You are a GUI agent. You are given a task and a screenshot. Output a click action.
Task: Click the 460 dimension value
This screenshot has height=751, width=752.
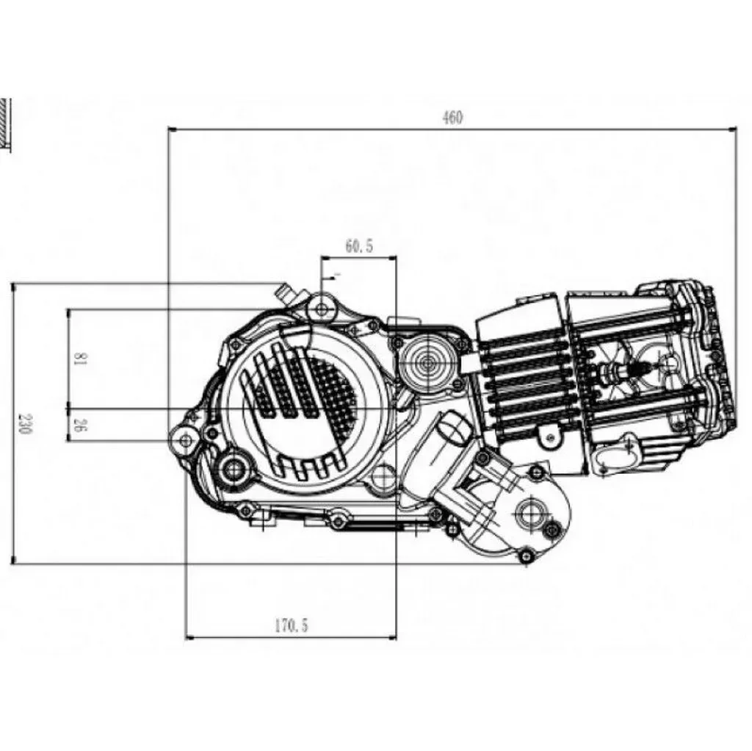click(x=453, y=118)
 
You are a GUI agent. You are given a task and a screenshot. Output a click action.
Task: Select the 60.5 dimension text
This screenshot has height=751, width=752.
click(x=359, y=247)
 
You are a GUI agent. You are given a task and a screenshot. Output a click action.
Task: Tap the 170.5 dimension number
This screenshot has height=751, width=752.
click(x=292, y=626)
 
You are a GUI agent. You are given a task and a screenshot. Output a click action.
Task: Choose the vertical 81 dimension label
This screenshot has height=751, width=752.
click(x=82, y=359)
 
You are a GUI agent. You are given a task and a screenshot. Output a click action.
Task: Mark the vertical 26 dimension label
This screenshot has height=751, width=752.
click(x=82, y=424)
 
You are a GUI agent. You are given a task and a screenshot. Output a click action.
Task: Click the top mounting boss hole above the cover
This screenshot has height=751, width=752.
click(x=320, y=308)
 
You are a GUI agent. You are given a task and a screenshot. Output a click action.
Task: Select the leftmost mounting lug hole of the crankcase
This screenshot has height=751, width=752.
click(x=184, y=439)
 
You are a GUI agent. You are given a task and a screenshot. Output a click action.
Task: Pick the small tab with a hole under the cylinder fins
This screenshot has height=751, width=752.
click(x=547, y=436)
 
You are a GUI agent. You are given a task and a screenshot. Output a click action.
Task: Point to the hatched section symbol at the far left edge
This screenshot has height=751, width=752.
click(x=7, y=121)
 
